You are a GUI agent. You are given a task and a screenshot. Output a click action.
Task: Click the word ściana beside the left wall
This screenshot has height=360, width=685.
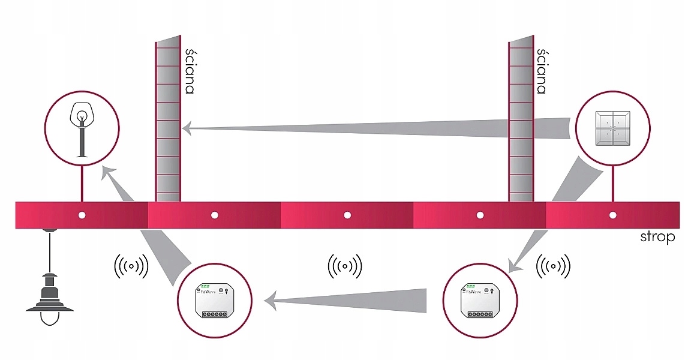pyautogui.click(x=190, y=71)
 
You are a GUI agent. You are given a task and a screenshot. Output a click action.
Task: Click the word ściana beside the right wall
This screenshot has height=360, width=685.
pyautogui.click(x=542, y=71)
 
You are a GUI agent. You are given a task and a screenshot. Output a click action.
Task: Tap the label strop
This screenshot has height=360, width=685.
pyautogui.click(x=657, y=238)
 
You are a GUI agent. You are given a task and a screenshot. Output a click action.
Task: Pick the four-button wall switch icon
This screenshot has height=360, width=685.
pyautogui.click(x=612, y=128)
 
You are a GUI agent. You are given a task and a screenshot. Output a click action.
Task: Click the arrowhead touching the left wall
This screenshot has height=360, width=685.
pyautogui.click(x=187, y=127)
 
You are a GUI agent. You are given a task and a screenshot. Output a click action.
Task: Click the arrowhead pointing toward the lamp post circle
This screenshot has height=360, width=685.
pyautogui.click(x=108, y=172)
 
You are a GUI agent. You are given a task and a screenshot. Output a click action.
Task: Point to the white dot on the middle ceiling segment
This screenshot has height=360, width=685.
pyautogui.click(x=347, y=215)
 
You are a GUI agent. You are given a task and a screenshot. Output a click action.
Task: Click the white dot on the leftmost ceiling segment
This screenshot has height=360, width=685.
pyautogui.click(x=82, y=215)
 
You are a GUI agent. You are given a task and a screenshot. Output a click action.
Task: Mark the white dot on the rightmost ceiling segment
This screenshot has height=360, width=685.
pyautogui.click(x=612, y=215)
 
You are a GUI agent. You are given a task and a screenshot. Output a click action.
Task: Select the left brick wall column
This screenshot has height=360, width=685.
pyautogui.click(x=167, y=120)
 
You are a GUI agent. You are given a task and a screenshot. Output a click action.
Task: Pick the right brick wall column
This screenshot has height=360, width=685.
pyautogui.click(x=521, y=120)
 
